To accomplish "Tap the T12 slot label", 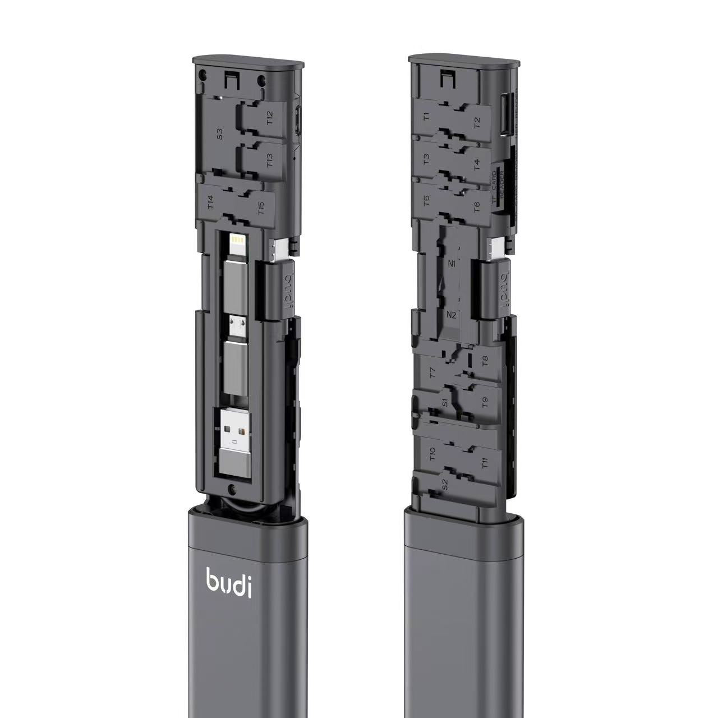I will point(270,118).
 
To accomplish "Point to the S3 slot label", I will point(220,135).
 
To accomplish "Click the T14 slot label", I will point(211,201).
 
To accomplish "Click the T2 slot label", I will point(477,123).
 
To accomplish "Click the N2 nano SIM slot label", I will point(451,315).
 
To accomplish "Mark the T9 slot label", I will point(485,402).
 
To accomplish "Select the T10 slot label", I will point(432,454).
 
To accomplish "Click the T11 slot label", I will point(485,463).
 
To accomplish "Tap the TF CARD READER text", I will point(499,188).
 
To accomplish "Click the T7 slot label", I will point(432,372).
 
